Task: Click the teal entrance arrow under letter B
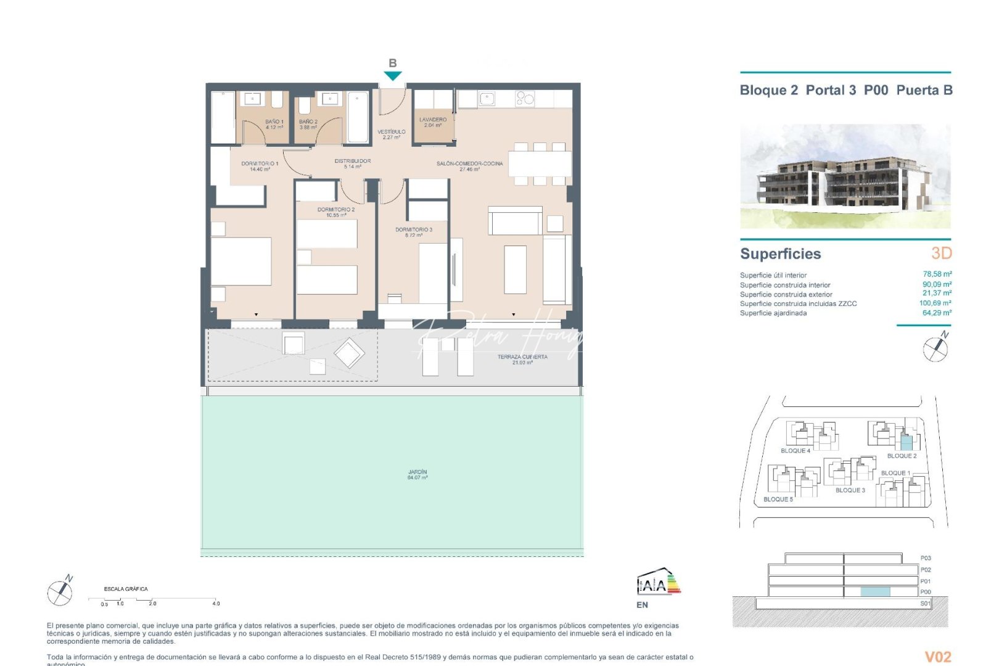point(393,76)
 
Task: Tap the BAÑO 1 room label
point(274,124)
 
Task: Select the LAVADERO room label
point(433,122)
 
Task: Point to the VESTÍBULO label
point(392,134)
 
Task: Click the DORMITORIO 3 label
point(414,232)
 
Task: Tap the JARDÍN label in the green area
point(417,475)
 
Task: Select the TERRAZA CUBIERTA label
point(522,360)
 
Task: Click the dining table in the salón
point(540,164)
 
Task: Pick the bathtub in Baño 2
point(358,117)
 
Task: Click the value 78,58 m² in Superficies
point(937,274)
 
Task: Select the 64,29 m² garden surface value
point(937,313)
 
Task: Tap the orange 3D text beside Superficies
point(941,253)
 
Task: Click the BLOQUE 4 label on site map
point(795,451)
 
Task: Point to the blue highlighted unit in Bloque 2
point(906,442)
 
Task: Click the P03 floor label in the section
point(926,558)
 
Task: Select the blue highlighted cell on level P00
point(875,592)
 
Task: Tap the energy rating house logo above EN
point(658,582)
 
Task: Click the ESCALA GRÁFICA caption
point(126,589)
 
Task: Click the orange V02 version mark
point(938,657)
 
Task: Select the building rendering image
point(845,176)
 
